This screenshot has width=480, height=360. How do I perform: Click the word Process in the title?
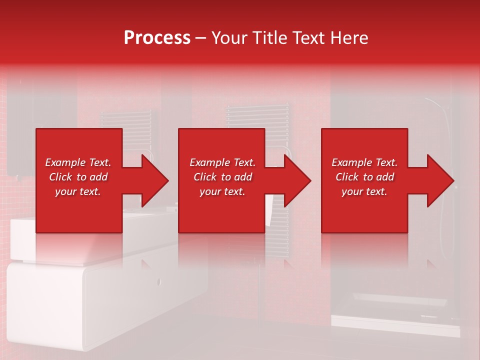click(x=157, y=38)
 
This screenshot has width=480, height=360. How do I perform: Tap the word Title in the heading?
click(x=270, y=38)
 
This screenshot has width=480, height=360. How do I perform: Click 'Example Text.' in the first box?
click(x=78, y=162)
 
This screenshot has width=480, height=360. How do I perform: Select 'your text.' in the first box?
click(x=78, y=191)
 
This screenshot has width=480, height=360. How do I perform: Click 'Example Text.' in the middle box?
click(x=222, y=162)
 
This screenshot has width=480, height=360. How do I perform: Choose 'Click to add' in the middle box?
click(x=222, y=177)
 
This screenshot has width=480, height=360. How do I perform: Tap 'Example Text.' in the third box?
click(x=364, y=162)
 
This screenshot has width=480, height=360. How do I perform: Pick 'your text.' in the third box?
click(x=364, y=191)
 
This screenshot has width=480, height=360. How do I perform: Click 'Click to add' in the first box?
click(x=78, y=177)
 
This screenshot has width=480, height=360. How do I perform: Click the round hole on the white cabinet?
click(x=159, y=281)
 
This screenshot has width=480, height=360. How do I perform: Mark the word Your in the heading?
click(x=229, y=38)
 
